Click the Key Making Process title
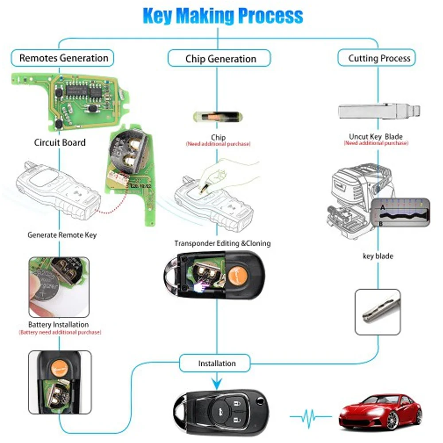click(x=223, y=15)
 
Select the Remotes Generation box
click(x=64, y=58)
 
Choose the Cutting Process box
click(x=379, y=58)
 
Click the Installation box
click(x=217, y=363)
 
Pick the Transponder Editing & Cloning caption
click(x=222, y=243)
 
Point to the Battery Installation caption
click(x=58, y=325)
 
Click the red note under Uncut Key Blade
click(x=376, y=144)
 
